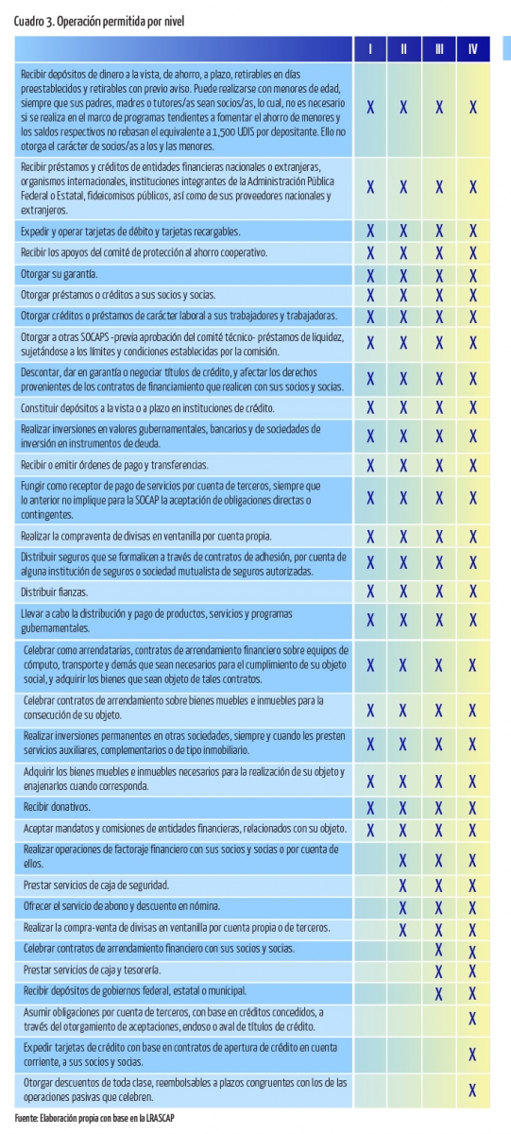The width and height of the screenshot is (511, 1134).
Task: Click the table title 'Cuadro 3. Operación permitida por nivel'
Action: pos(99,21)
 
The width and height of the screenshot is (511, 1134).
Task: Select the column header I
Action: pos(370,48)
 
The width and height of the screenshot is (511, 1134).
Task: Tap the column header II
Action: pos(403,48)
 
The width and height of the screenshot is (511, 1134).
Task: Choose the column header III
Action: pos(439,48)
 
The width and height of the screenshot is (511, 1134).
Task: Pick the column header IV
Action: pos(473,48)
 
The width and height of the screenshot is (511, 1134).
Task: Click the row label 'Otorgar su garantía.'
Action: pos(60,274)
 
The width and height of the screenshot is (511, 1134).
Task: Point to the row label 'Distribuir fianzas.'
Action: pos(54,592)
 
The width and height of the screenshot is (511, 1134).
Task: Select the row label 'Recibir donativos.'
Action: pos(57,807)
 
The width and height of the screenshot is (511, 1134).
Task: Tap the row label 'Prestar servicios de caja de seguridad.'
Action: pos(96,885)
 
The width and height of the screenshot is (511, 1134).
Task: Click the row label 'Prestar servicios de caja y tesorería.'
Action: pos(92,970)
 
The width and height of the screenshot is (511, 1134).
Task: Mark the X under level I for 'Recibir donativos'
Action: pos(370,808)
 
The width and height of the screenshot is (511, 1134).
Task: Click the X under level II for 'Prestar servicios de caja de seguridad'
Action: pos(402,885)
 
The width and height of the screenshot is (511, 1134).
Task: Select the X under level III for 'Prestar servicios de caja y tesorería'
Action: pos(438,971)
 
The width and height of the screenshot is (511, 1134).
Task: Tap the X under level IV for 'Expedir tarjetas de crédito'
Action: pos(472,1054)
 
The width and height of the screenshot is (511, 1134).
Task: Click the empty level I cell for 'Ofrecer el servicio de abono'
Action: pos(370,906)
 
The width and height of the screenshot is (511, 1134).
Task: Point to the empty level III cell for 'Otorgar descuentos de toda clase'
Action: pos(438,1090)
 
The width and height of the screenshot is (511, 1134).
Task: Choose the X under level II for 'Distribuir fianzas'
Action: pos(403,592)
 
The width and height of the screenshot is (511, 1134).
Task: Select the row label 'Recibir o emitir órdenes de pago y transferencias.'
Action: pos(114,465)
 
